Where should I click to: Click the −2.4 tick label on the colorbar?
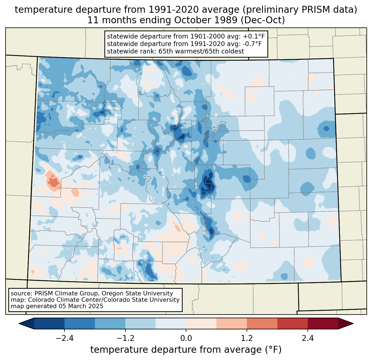[64, 338]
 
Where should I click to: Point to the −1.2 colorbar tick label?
[125, 338]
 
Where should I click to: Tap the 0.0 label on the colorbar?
[186, 338]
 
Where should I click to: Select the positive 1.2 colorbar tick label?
[247, 338]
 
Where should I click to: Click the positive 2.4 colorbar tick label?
[308, 338]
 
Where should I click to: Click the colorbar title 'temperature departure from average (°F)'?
[186, 350]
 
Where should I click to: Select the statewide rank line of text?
[175, 51]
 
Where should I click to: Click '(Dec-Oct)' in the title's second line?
[263, 20]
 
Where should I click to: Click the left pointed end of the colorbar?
[19, 324]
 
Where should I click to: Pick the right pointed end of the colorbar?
[353, 324]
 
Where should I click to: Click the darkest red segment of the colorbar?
[323, 324]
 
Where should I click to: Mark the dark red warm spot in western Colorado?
[53, 182]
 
